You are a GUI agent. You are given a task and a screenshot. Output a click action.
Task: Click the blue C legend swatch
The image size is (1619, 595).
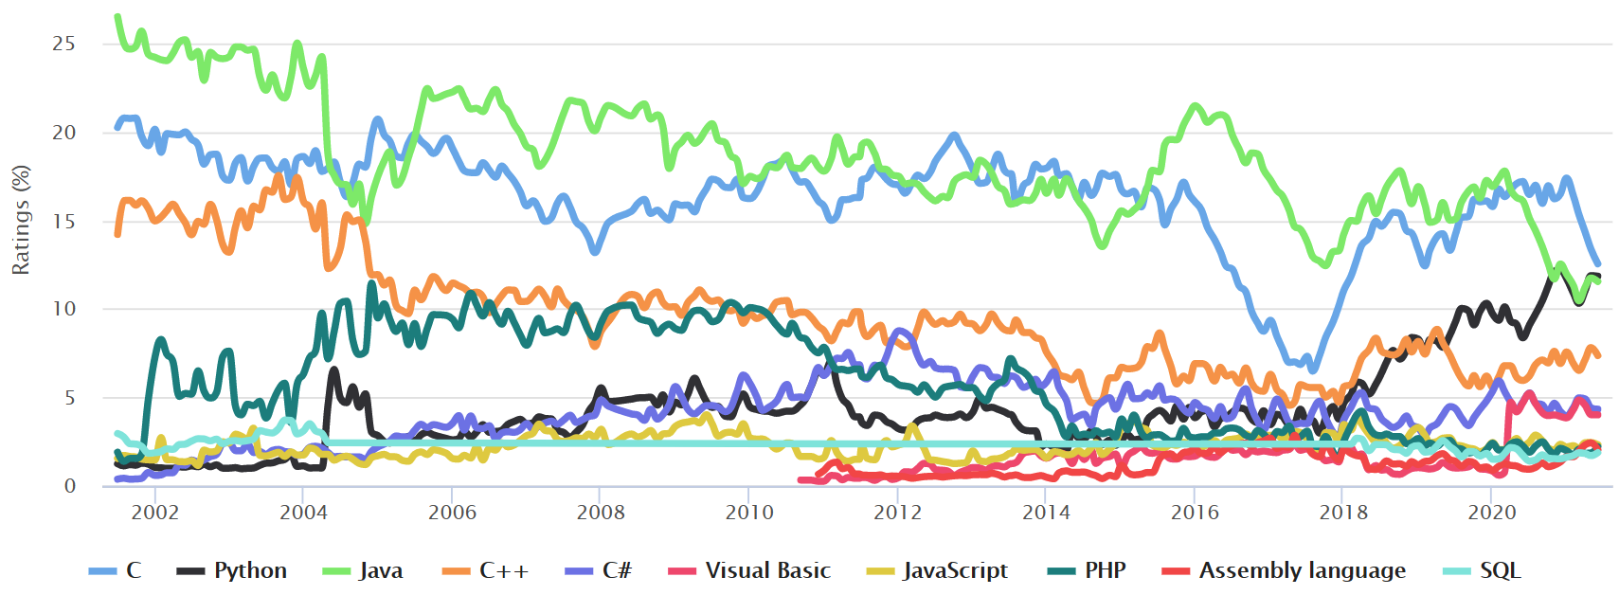(x=101, y=571)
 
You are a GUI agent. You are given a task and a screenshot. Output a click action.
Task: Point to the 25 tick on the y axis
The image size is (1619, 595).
(x=63, y=44)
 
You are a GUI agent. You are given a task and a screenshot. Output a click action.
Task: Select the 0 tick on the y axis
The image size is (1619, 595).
(x=69, y=486)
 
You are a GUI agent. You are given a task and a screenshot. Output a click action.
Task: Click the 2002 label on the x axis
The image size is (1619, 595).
(x=154, y=513)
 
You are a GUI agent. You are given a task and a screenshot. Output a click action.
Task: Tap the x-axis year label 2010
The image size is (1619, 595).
(x=748, y=513)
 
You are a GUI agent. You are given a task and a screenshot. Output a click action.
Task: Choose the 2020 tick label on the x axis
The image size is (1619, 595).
(x=1491, y=513)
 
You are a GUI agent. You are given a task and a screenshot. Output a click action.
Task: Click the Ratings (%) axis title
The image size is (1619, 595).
(x=20, y=220)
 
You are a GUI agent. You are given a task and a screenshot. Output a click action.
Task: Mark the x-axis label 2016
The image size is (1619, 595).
(x=1194, y=513)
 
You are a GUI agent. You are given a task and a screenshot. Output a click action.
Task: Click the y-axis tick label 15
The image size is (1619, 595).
(x=63, y=221)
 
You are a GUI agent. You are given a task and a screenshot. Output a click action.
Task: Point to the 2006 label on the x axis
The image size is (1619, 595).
(x=452, y=513)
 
